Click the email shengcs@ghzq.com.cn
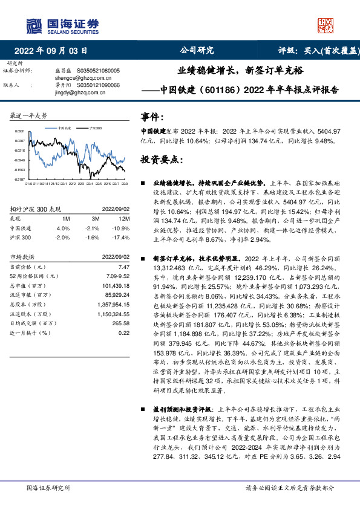pos(89,78)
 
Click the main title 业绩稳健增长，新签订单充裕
pos(240,70)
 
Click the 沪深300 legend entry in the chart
pos(95,128)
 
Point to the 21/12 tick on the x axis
pos(55,183)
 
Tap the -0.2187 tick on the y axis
pos(19,180)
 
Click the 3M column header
pos(96,218)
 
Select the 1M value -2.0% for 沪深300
pos(63,238)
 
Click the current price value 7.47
pos(123,267)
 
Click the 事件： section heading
pos(152,117)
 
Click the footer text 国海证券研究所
pos(48,488)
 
